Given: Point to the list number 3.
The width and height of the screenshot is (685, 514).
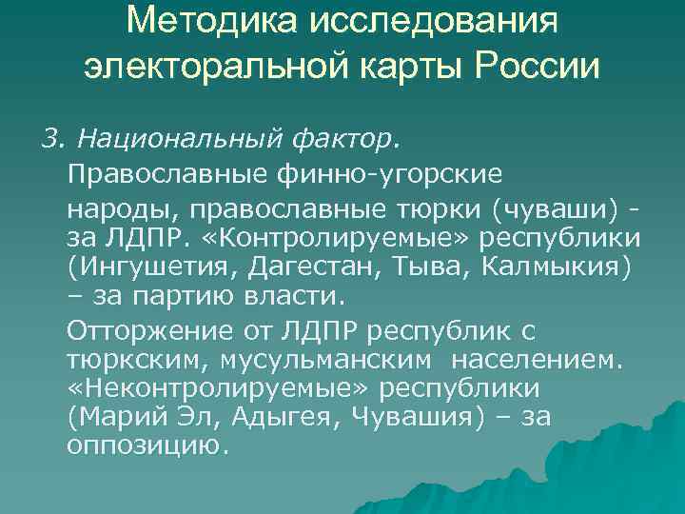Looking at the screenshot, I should [49, 141].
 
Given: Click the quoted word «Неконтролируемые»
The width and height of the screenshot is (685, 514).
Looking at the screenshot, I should [222, 389].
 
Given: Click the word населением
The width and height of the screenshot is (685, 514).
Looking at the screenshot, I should [538, 361].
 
